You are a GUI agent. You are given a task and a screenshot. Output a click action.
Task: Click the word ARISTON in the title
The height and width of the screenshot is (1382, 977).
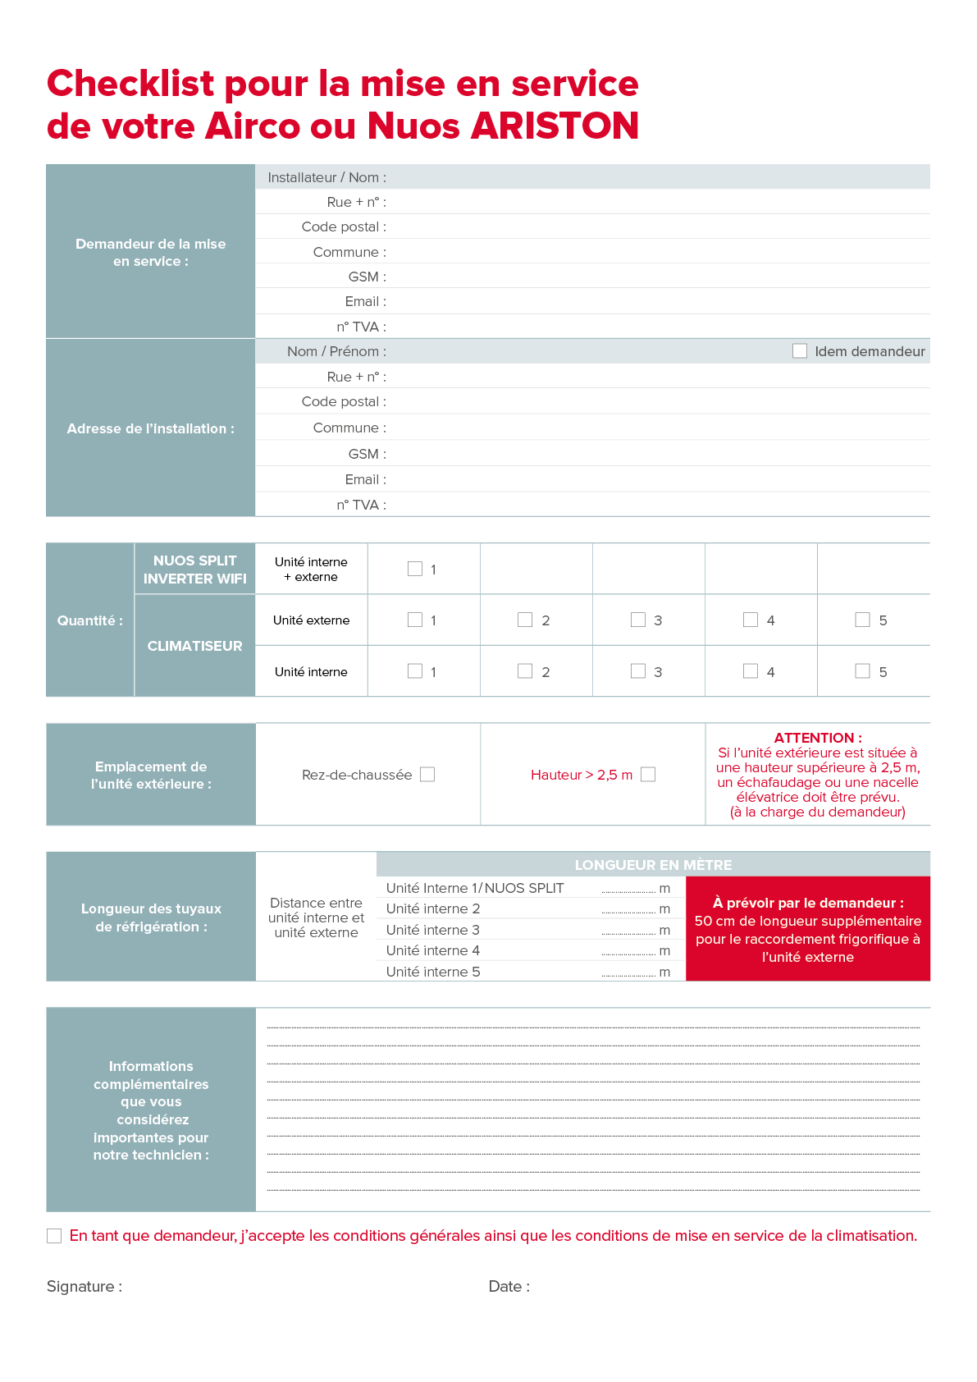tap(555, 126)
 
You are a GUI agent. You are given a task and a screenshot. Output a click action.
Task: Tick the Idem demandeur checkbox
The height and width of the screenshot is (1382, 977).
tap(799, 351)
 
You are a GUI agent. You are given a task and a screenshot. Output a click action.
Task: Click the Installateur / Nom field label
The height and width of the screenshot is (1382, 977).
tap(326, 177)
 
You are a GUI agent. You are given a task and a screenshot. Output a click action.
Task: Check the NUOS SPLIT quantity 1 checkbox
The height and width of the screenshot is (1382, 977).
tap(415, 569)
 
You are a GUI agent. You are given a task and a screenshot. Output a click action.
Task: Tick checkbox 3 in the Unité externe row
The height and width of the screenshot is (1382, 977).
tap(638, 620)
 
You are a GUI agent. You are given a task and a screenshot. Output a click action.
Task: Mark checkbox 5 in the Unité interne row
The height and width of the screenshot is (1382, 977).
tap(862, 671)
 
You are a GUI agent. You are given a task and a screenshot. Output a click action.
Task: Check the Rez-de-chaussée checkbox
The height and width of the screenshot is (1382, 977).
tap(427, 775)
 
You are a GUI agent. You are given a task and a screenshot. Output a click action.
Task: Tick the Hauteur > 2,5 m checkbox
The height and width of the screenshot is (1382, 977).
tap(648, 775)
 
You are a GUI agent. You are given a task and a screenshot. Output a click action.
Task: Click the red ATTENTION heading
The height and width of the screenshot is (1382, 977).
tap(817, 738)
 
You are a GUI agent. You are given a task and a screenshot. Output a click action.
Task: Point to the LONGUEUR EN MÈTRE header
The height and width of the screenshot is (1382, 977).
tap(653, 865)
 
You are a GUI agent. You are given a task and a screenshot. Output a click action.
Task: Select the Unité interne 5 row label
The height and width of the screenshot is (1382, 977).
tap(433, 972)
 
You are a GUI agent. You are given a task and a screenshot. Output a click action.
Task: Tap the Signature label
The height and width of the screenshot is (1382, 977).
tap(84, 1286)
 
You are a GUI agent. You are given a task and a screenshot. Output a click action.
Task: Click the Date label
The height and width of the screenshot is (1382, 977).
tap(509, 1286)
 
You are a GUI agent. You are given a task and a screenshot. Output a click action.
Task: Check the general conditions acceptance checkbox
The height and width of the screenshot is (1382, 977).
tap(54, 1236)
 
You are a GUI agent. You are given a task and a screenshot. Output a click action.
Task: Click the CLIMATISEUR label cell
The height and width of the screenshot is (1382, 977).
tap(194, 646)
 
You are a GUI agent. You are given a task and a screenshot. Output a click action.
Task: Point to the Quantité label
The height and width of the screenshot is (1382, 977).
tap(89, 620)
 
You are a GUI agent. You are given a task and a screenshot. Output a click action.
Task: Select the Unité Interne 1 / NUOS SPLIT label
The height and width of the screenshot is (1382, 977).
tap(475, 888)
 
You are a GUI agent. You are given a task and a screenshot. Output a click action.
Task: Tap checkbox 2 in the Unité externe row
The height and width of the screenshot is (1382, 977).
tap(525, 620)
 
